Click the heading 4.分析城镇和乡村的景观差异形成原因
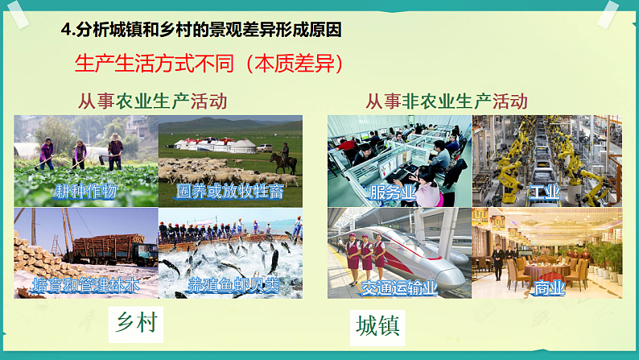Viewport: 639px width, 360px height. pos(201,31)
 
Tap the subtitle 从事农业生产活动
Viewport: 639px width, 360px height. pos(152,101)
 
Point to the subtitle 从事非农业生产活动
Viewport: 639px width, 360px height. pos(447,101)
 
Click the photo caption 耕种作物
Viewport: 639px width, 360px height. pos(85,192)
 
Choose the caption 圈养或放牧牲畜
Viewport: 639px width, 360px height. pos(229,192)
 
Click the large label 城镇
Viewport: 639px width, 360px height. pos(377,326)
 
